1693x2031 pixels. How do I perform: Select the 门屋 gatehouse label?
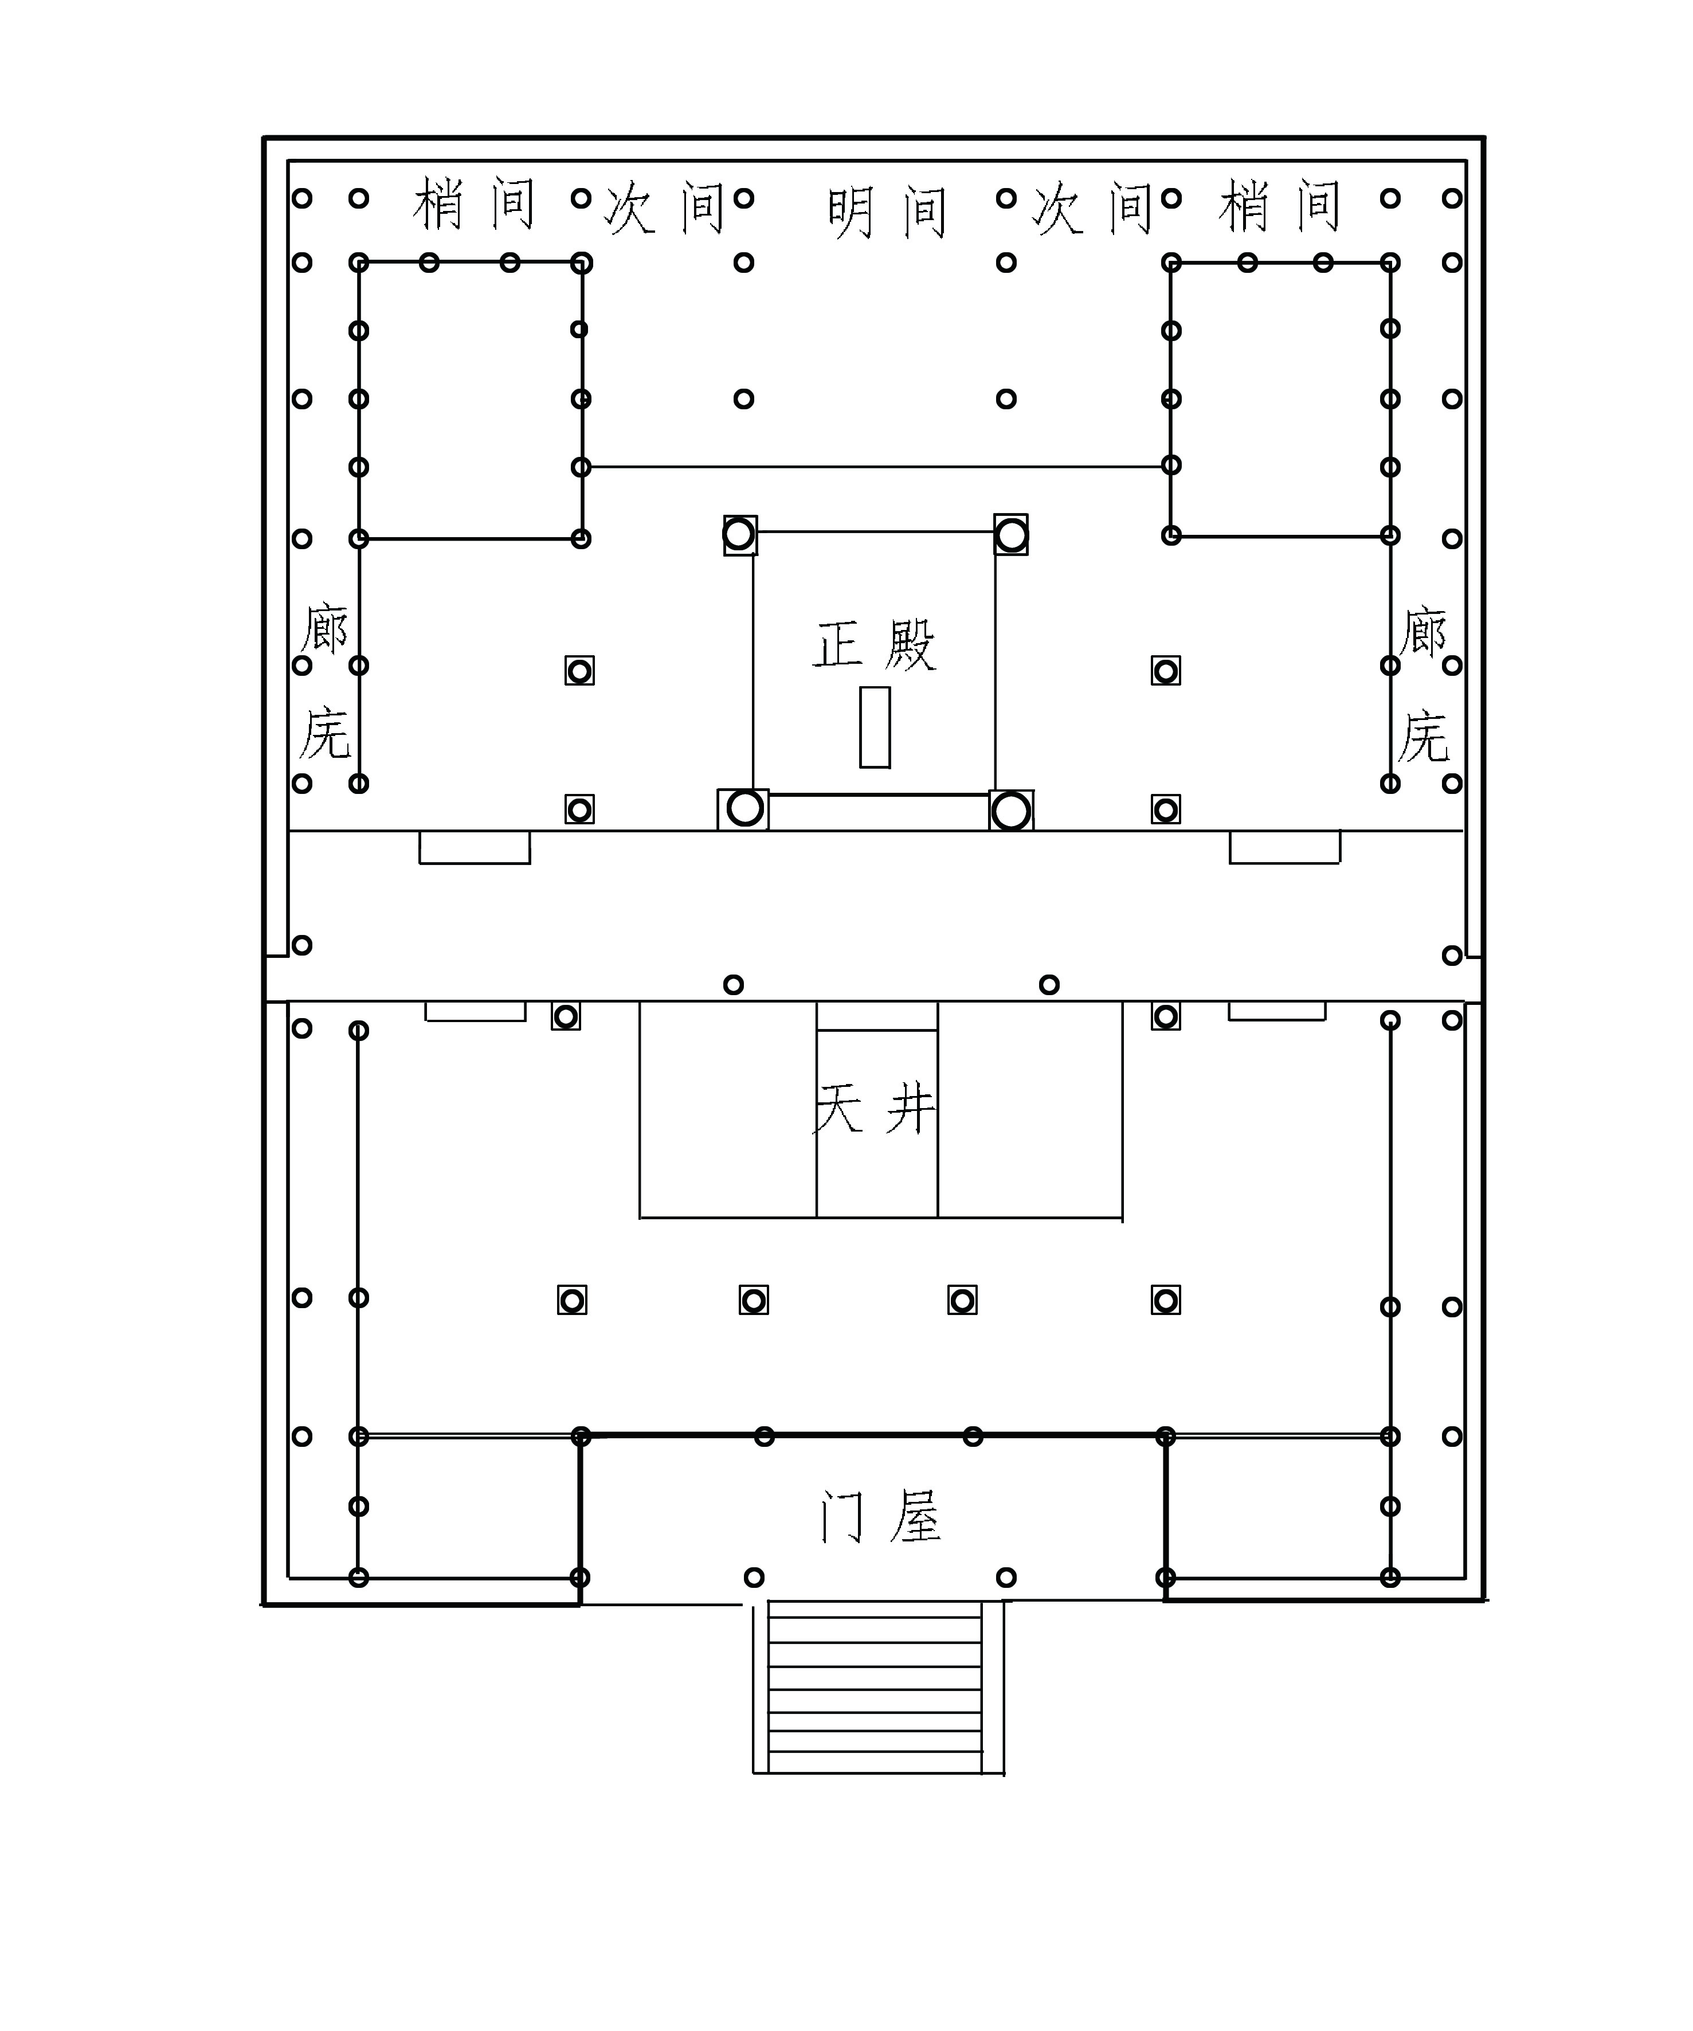pos(880,1516)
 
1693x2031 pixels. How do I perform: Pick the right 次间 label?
pos(1092,208)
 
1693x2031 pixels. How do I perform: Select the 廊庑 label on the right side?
pos(1422,684)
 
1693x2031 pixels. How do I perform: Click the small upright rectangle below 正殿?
pos(875,727)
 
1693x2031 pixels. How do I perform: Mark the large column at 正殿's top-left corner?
pos(740,534)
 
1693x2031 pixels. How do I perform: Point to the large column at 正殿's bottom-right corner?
pos(1012,811)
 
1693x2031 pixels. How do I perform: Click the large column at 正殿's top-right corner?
pos(1012,534)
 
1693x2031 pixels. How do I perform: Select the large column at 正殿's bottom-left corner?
pos(743,808)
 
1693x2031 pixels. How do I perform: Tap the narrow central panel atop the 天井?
pos(877,1016)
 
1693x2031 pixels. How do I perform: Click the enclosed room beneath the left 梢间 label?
pos(471,400)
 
